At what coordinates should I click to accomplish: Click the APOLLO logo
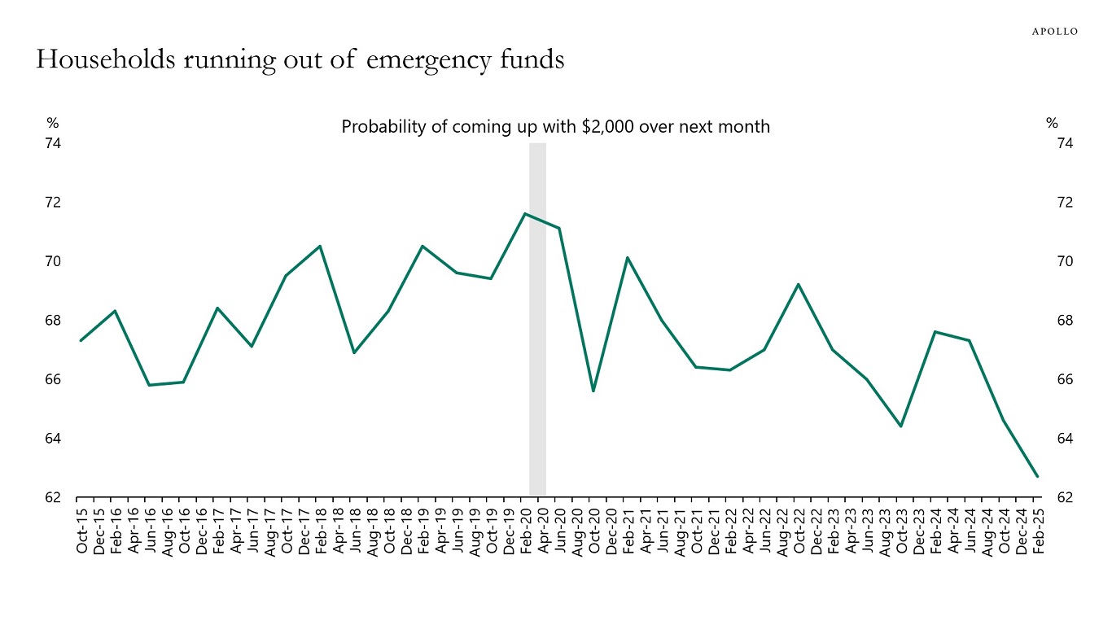coord(1054,31)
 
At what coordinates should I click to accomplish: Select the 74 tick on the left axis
coord(53,143)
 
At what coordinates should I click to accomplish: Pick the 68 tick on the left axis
coord(53,321)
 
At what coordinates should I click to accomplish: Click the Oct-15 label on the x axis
coord(81,531)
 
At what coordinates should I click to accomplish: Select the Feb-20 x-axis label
coord(525,531)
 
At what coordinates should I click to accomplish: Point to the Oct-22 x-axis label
coord(799,531)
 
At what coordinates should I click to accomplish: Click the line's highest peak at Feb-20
coord(525,214)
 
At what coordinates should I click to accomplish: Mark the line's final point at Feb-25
coord(1037,476)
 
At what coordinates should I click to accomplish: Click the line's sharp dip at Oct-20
coord(593,391)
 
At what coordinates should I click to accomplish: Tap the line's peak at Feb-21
coord(628,258)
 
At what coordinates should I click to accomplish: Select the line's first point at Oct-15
coord(81,340)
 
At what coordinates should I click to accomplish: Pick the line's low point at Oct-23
coord(901,426)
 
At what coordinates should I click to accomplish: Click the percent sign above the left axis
coord(53,124)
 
